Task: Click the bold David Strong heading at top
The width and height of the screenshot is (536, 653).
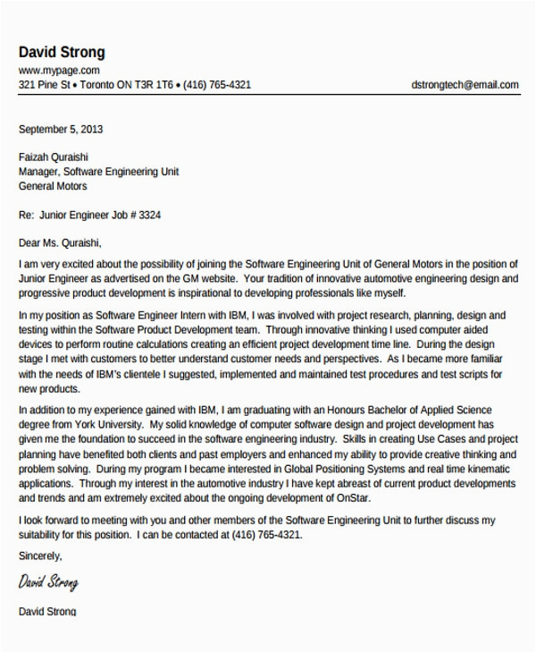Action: (x=62, y=53)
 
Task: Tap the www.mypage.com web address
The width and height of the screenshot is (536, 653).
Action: (x=59, y=71)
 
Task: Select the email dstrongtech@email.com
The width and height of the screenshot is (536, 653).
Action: (x=465, y=86)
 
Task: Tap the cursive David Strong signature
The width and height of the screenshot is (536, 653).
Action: (x=48, y=583)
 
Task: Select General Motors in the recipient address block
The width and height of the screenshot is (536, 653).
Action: (x=53, y=187)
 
